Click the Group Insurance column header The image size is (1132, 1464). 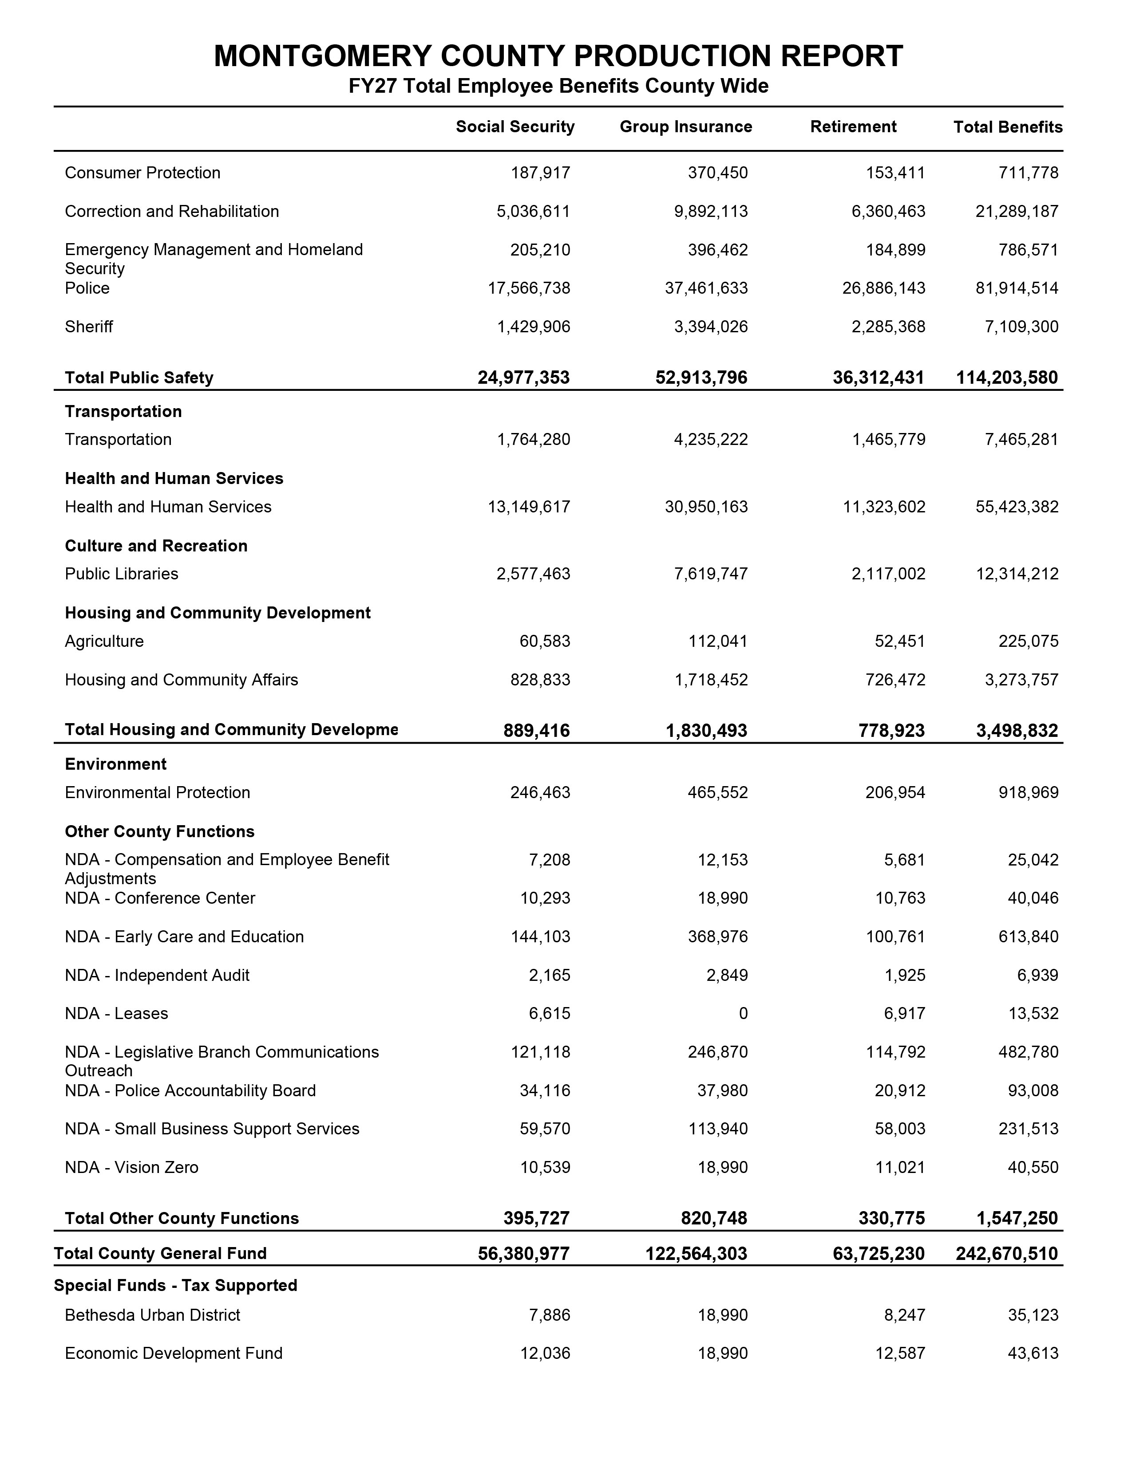[685, 127]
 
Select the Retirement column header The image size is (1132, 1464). [853, 127]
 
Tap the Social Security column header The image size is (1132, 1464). [515, 127]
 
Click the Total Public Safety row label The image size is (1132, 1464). [139, 378]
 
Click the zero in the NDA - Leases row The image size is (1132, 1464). [743, 1014]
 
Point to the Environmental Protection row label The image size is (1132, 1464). [158, 793]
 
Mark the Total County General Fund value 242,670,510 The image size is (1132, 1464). [1007, 1254]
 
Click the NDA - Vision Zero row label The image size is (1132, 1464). [131, 1168]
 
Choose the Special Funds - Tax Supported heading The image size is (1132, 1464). [176, 1286]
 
